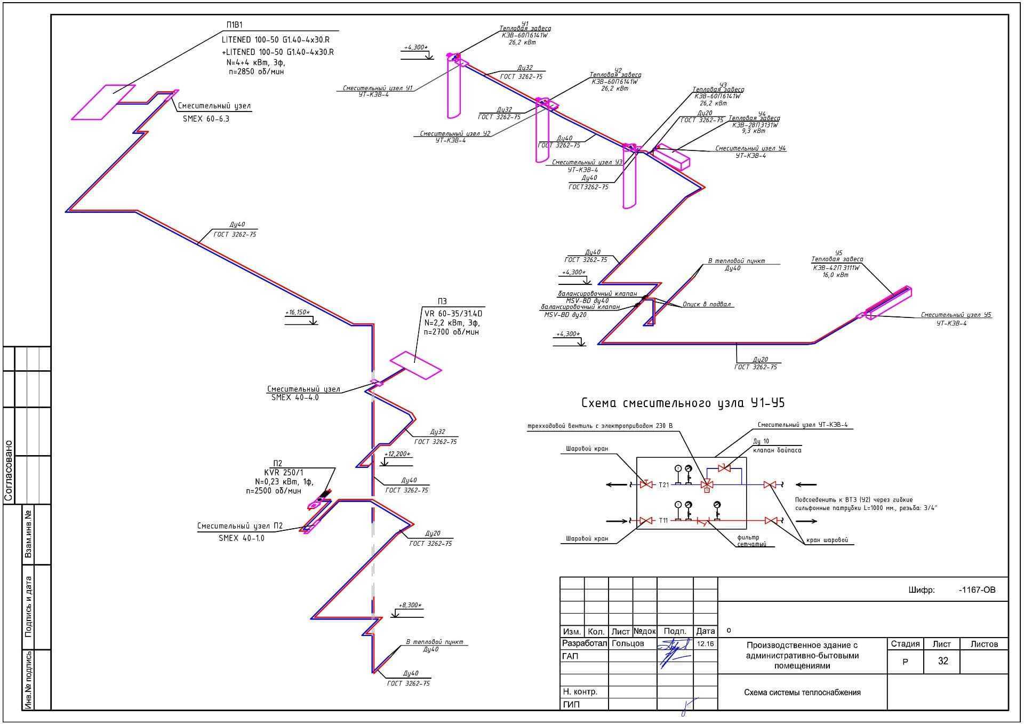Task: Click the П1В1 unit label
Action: [234, 25]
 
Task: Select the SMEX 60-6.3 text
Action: [206, 119]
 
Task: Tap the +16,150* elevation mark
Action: [297, 312]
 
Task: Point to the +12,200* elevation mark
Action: [397, 454]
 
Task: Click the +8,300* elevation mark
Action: [410, 605]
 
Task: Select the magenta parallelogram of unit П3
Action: [416, 365]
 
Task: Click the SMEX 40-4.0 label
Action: [294, 397]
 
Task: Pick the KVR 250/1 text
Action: [283, 472]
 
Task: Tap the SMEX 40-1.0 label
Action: [241, 538]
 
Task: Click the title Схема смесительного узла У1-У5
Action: [683, 403]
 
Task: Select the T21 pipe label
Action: [663, 485]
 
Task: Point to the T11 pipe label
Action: [663, 520]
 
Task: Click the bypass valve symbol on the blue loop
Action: [724, 468]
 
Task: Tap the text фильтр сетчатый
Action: [751, 541]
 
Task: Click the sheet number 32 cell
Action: [943, 661]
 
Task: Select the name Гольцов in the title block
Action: [628, 643]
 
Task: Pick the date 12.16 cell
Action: [705, 644]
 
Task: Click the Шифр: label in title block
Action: [921, 590]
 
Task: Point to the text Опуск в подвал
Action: [706, 304]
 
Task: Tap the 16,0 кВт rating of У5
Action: [835, 275]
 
